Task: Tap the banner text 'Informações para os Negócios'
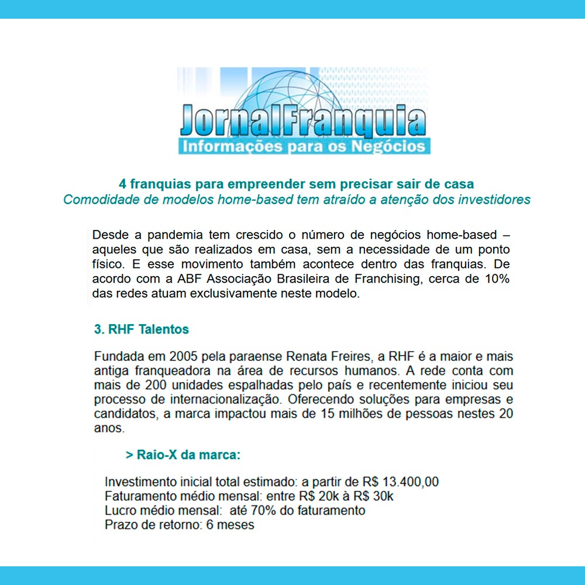[x=304, y=146]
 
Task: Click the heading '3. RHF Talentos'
[x=142, y=329]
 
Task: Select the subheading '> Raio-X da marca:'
[x=183, y=455]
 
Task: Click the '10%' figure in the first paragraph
[x=497, y=279]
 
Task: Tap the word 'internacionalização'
[x=208, y=400]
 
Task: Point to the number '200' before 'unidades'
[x=133, y=386]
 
